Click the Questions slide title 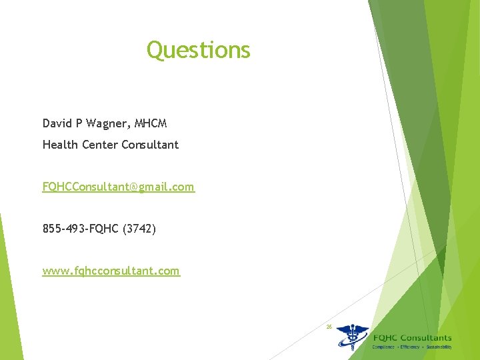(198, 50)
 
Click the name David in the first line (57, 123)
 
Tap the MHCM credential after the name (151, 123)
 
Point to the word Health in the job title (59, 144)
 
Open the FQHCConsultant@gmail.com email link (119, 187)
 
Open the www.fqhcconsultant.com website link (111, 271)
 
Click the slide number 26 (329, 327)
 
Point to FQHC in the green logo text (385, 338)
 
